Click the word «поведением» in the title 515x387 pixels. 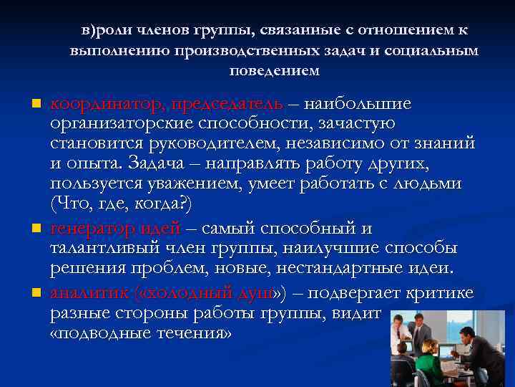pos(274,72)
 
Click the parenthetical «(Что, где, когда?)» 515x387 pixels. pos(122,204)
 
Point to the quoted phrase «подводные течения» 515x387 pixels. pos(141,334)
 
